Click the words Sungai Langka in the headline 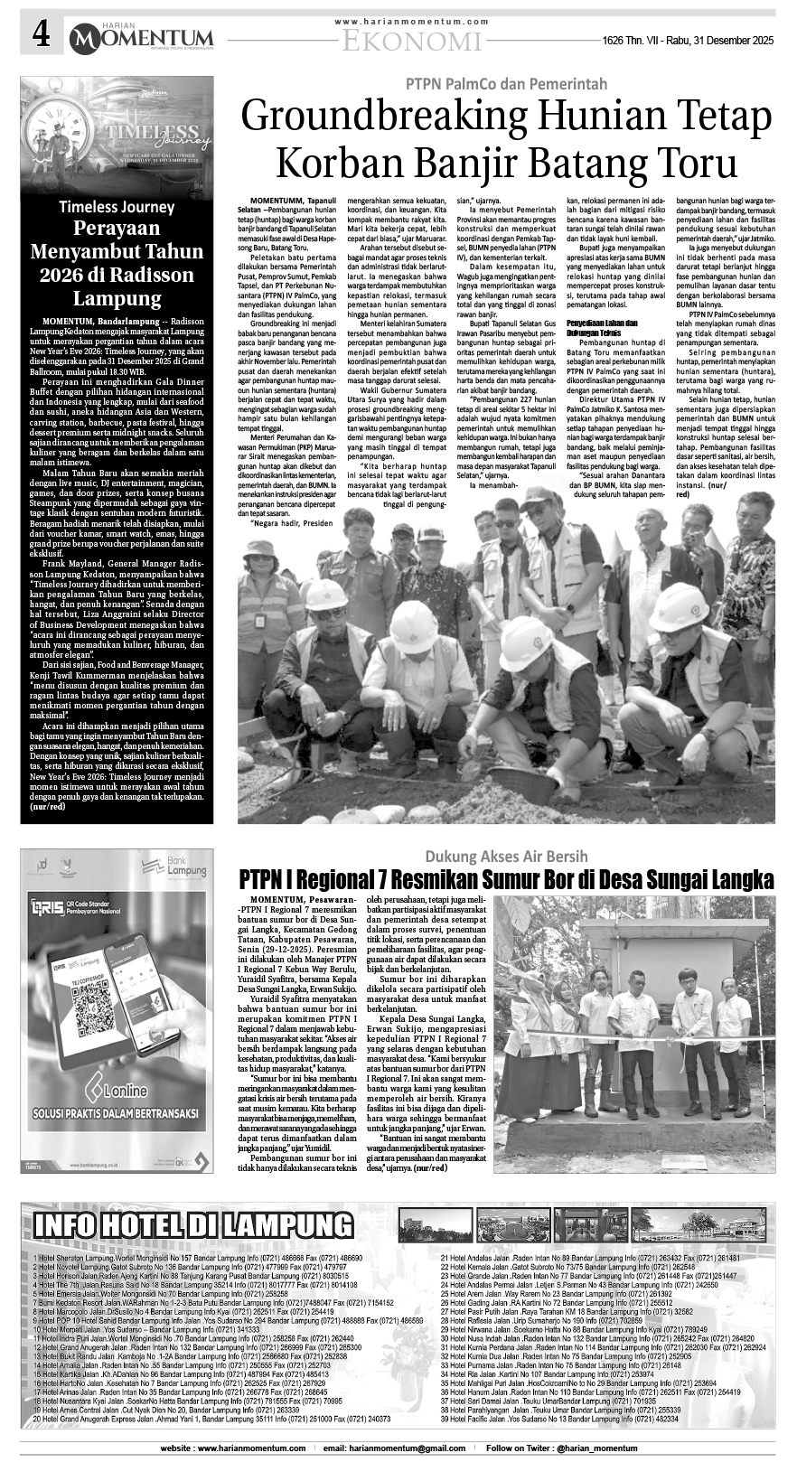click(711, 879)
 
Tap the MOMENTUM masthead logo click(142, 37)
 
